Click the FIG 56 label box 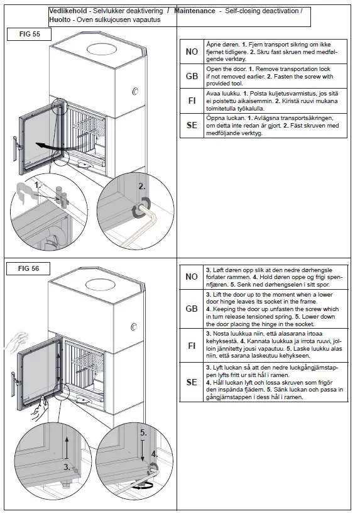(28, 269)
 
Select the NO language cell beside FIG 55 (192, 52)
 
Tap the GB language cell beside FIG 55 (192, 76)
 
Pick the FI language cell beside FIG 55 (192, 101)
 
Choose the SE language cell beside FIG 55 (192, 125)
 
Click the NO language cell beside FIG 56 (192, 277)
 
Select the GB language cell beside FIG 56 (192, 309)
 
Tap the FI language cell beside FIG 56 (192, 345)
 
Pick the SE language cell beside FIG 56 (192, 382)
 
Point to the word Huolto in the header (60, 19)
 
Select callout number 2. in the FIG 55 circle (142, 187)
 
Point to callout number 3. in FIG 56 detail (67, 467)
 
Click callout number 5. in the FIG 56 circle (144, 433)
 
